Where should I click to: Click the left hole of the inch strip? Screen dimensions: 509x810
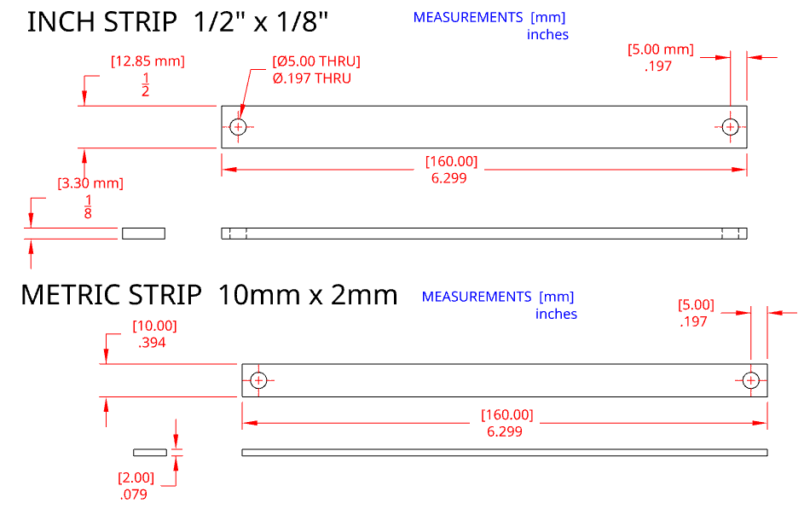[238, 127]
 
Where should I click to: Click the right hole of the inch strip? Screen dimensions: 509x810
[730, 127]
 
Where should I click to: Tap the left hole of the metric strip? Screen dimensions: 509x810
[258, 379]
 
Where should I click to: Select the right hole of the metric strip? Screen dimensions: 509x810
[750, 379]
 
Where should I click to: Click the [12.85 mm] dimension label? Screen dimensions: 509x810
[148, 61]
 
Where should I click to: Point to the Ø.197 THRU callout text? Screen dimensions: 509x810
[312, 78]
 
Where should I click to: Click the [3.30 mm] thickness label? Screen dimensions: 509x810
[90, 183]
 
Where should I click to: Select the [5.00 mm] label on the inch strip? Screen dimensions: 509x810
[660, 49]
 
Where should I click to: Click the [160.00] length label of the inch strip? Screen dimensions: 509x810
[451, 162]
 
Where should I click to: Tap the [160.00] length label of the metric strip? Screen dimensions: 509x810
[506, 415]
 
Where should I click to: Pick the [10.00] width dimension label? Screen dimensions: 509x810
[154, 326]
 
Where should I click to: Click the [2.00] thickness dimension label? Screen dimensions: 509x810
[136, 477]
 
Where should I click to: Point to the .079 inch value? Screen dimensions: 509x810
[133, 494]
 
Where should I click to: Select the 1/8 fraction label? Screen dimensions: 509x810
[88, 206]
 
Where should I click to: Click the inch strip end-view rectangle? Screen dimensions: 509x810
[143, 234]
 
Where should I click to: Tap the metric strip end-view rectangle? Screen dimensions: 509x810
[149, 451]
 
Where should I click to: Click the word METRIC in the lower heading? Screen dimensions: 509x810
[71, 295]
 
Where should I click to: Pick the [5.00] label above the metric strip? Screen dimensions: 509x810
[696, 304]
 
